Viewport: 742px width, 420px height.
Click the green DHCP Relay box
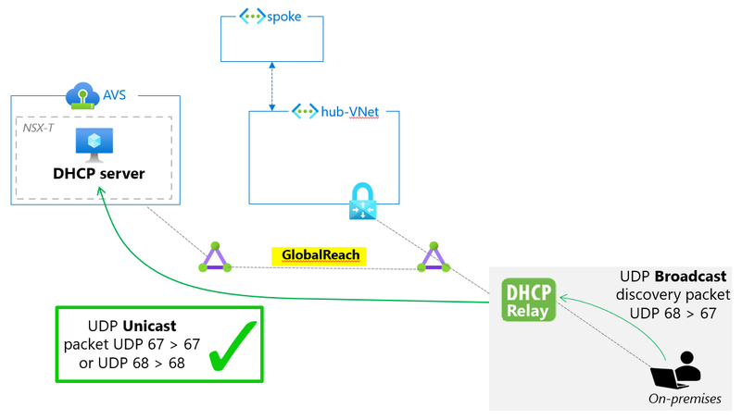(530, 300)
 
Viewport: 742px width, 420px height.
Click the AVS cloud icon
(82, 96)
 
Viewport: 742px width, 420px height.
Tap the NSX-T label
(39, 126)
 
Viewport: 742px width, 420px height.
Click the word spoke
(283, 17)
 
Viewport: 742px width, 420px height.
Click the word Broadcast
(691, 277)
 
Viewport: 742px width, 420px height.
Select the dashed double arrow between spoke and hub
(271, 89)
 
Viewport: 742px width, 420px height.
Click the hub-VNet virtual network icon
(304, 111)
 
